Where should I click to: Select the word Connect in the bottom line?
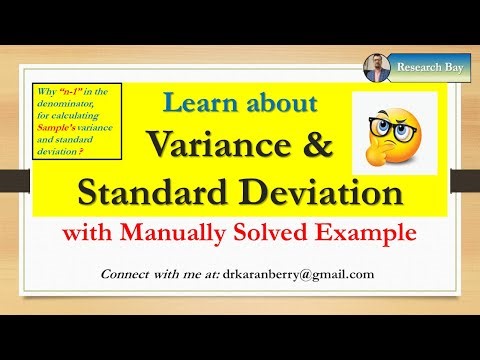(x=131, y=274)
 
